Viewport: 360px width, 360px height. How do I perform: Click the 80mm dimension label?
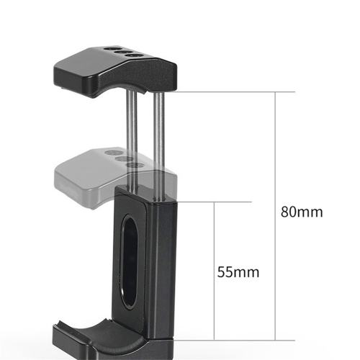click(x=302, y=212)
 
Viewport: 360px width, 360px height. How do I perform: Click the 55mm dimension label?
click(x=238, y=272)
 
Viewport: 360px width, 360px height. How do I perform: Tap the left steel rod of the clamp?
click(x=132, y=140)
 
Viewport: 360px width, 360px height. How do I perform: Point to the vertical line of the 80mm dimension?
click(x=275, y=216)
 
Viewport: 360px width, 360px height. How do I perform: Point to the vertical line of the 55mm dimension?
click(x=214, y=271)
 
